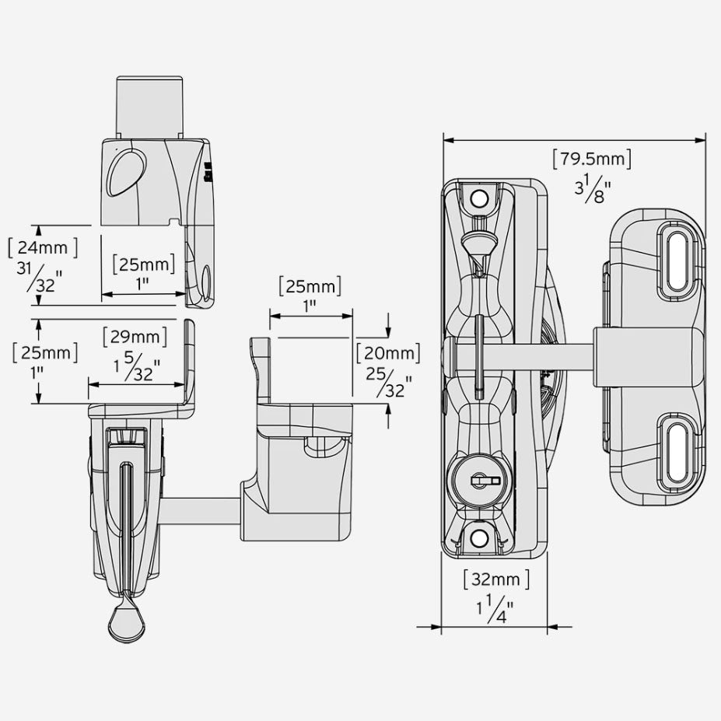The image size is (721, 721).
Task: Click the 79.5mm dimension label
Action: coord(591,159)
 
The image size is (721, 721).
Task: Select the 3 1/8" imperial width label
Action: coord(591,189)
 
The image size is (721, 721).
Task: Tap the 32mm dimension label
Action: coord(495,579)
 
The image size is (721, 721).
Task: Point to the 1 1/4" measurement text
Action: coord(495,608)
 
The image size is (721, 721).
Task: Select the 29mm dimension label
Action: coord(135,338)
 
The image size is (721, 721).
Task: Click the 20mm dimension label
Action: coord(388,352)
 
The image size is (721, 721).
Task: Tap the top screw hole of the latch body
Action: coord(479,198)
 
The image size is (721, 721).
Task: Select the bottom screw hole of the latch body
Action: coord(479,537)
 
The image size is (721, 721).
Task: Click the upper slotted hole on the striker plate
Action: coord(673,261)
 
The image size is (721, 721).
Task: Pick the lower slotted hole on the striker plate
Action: coord(673,452)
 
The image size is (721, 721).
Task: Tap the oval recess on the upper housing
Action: coord(122,170)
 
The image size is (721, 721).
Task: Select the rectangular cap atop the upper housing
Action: coord(149,107)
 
